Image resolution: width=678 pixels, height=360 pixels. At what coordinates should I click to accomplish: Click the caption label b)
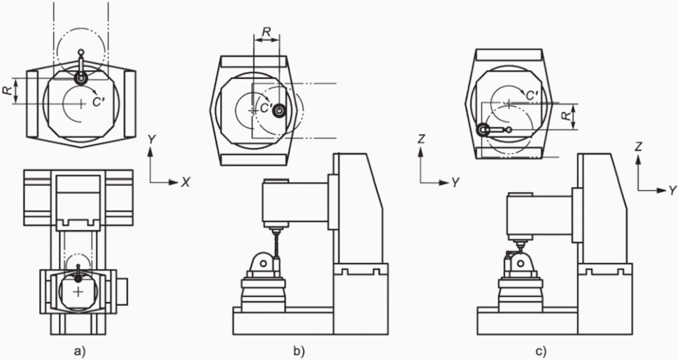(x=299, y=351)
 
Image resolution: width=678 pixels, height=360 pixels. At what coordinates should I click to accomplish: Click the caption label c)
(x=541, y=351)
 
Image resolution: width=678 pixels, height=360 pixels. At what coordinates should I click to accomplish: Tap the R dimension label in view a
(x=6, y=90)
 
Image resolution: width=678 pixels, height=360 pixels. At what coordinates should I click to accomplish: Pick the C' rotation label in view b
(x=266, y=108)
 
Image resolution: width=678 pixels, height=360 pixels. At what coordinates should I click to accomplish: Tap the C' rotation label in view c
(x=532, y=95)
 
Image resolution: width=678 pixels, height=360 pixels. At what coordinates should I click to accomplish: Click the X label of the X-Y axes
(x=186, y=183)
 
